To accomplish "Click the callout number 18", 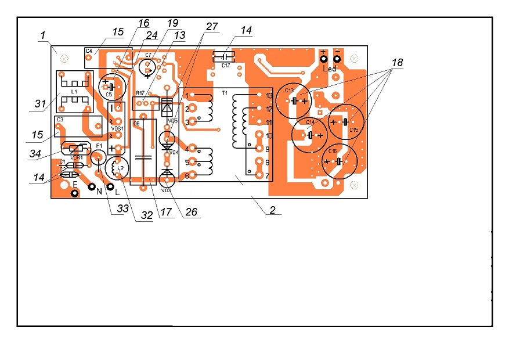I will click(x=396, y=63).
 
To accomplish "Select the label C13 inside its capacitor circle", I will click(x=289, y=91).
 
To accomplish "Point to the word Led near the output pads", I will click(x=330, y=69).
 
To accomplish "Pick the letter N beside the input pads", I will click(x=99, y=191).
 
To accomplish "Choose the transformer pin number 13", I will click(x=269, y=95).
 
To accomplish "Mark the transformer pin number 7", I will click(x=268, y=175).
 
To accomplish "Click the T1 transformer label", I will click(x=225, y=93).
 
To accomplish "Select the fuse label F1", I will click(x=99, y=146).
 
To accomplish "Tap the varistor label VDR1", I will click(x=75, y=157).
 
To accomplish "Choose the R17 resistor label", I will click(x=140, y=93).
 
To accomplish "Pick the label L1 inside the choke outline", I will click(x=74, y=92).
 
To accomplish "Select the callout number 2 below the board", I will click(x=272, y=211).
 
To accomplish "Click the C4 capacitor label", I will click(x=89, y=51).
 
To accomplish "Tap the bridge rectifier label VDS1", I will click(x=118, y=128).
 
